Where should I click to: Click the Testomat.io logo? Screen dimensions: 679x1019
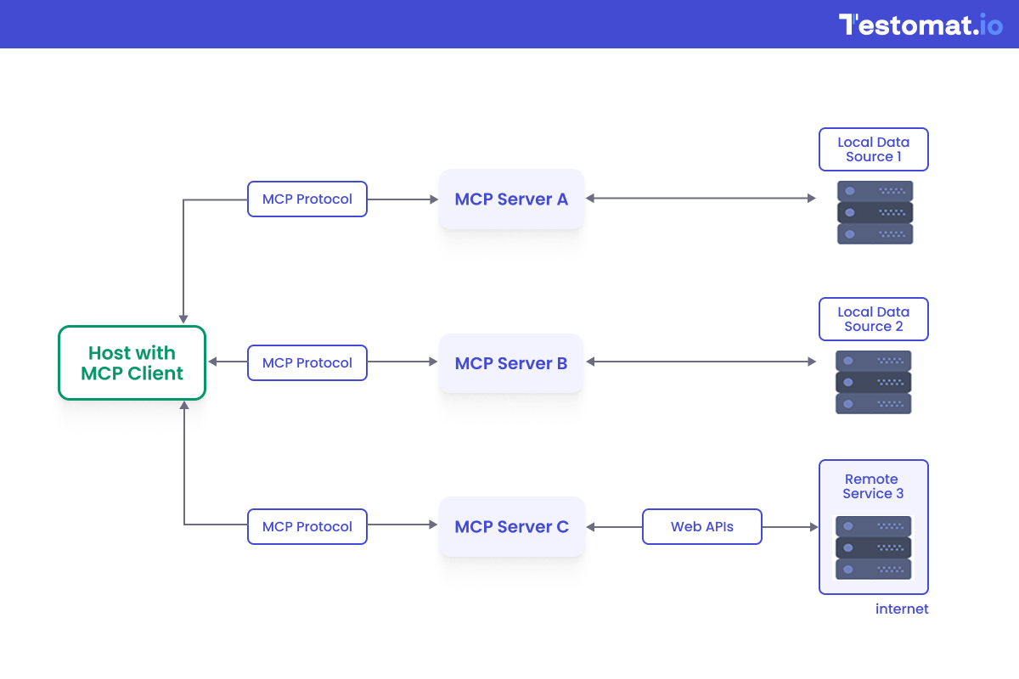[920, 25]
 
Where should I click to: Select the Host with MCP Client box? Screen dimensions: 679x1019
[132, 362]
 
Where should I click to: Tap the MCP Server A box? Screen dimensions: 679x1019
[511, 199]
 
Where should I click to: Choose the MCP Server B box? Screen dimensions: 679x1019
[511, 363]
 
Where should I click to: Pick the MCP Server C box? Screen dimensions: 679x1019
[511, 527]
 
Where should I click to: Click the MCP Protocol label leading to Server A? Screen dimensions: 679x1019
[307, 199]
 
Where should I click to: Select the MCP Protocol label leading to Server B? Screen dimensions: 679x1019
[307, 363]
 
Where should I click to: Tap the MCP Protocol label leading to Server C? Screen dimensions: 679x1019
[307, 527]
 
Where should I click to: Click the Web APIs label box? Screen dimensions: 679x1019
[702, 527]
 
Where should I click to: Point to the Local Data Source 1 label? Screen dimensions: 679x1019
[873, 149]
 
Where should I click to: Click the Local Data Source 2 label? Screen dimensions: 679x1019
[873, 319]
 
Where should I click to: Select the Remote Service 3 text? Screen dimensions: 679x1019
[872, 486]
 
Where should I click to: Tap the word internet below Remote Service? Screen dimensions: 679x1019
[902, 609]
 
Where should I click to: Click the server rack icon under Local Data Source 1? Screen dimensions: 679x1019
[875, 213]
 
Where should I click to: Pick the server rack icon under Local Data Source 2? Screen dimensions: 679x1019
[873, 383]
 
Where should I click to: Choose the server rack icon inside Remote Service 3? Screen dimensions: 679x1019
[873, 548]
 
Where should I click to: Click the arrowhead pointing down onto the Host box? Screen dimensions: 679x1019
[183, 319]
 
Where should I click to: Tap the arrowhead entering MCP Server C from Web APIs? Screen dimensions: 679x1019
[591, 527]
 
